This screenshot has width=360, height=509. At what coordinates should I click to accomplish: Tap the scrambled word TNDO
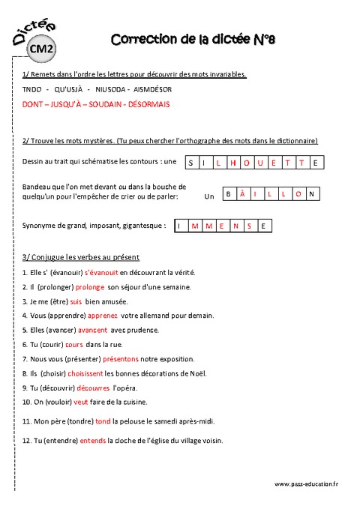pos(32,89)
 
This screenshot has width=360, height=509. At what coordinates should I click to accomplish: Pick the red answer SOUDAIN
pos(105,104)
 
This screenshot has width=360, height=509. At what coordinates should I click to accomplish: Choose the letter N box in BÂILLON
pos(310,194)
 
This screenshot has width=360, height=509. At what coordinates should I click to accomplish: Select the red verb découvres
pos(93,388)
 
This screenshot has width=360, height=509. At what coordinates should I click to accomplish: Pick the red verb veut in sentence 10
pos(81,402)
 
